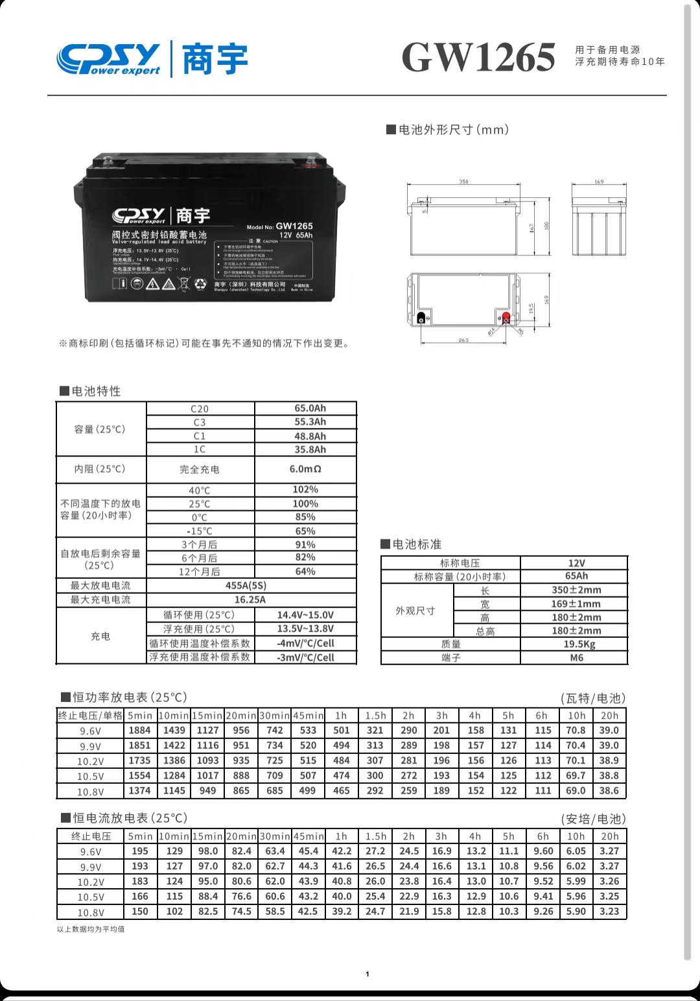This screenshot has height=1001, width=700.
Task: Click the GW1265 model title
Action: pos(478,57)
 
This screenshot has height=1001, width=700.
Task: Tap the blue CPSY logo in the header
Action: pos(108,58)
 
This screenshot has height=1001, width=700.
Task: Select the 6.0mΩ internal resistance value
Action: pos(305,469)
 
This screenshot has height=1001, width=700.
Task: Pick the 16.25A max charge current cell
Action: pos(250,600)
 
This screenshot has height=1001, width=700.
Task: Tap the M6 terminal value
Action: pos(576,657)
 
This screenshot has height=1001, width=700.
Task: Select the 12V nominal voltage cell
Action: pos(576,563)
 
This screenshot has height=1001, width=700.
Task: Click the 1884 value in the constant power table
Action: pos(139,730)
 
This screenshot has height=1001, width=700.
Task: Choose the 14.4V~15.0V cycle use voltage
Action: pos(305,615)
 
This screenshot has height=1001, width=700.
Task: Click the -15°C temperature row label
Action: pos(199,531)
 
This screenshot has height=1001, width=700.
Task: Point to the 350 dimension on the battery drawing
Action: pos(463,182)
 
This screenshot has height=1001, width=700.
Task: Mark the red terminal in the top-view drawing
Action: pos(506,317)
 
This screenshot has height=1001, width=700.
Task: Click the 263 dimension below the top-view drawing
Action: pos(463,340)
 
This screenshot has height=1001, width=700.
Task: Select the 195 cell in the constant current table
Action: pos(140,851)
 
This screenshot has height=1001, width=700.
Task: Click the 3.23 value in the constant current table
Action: pos(609,911)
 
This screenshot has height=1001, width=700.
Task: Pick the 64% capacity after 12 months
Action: pos(305,571)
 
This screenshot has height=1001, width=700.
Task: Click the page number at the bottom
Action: pos(367,974)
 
